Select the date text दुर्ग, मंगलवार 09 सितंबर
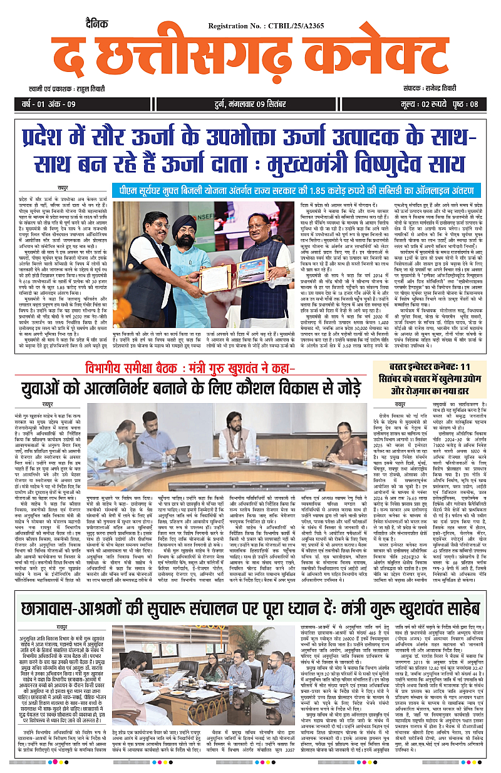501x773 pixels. (250, 104)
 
